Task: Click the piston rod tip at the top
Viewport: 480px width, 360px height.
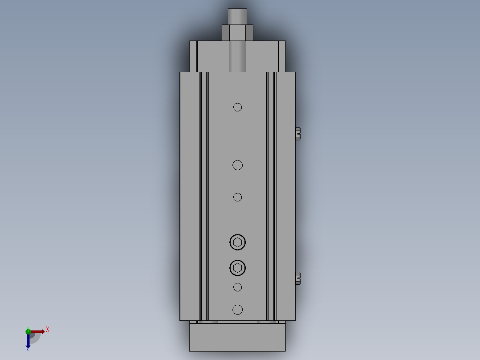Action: pos(237,16)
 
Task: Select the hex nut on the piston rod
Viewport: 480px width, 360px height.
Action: pos(237,33)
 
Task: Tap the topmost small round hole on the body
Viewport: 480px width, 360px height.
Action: pos(237,107)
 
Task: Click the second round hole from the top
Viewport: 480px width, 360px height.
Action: pos(237,165)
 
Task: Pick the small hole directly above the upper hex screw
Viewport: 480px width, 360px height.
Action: pos(237,197)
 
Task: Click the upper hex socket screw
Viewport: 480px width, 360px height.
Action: pos(237,242)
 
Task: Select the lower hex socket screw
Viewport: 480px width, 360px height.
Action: pos(237,268)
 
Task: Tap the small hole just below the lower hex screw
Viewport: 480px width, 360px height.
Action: pos(237,287)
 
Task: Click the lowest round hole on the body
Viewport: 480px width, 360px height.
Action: pos(237,310)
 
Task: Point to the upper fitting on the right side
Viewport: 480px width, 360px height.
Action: pos(298,134)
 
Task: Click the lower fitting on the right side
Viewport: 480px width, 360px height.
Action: pos(298,278)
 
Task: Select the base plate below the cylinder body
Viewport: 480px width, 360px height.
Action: pos(237,337)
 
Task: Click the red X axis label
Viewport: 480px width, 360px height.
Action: pos(48,330)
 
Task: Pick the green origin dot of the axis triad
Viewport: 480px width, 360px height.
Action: pos(28,331)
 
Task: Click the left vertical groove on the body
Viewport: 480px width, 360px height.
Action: pos(203,196)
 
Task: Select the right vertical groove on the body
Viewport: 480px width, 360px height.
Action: pos(271,196)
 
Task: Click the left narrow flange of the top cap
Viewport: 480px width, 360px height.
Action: pos(193,56)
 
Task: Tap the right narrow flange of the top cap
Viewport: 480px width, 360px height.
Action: pos(281,56)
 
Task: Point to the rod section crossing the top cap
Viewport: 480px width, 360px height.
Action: pos(237,56)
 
